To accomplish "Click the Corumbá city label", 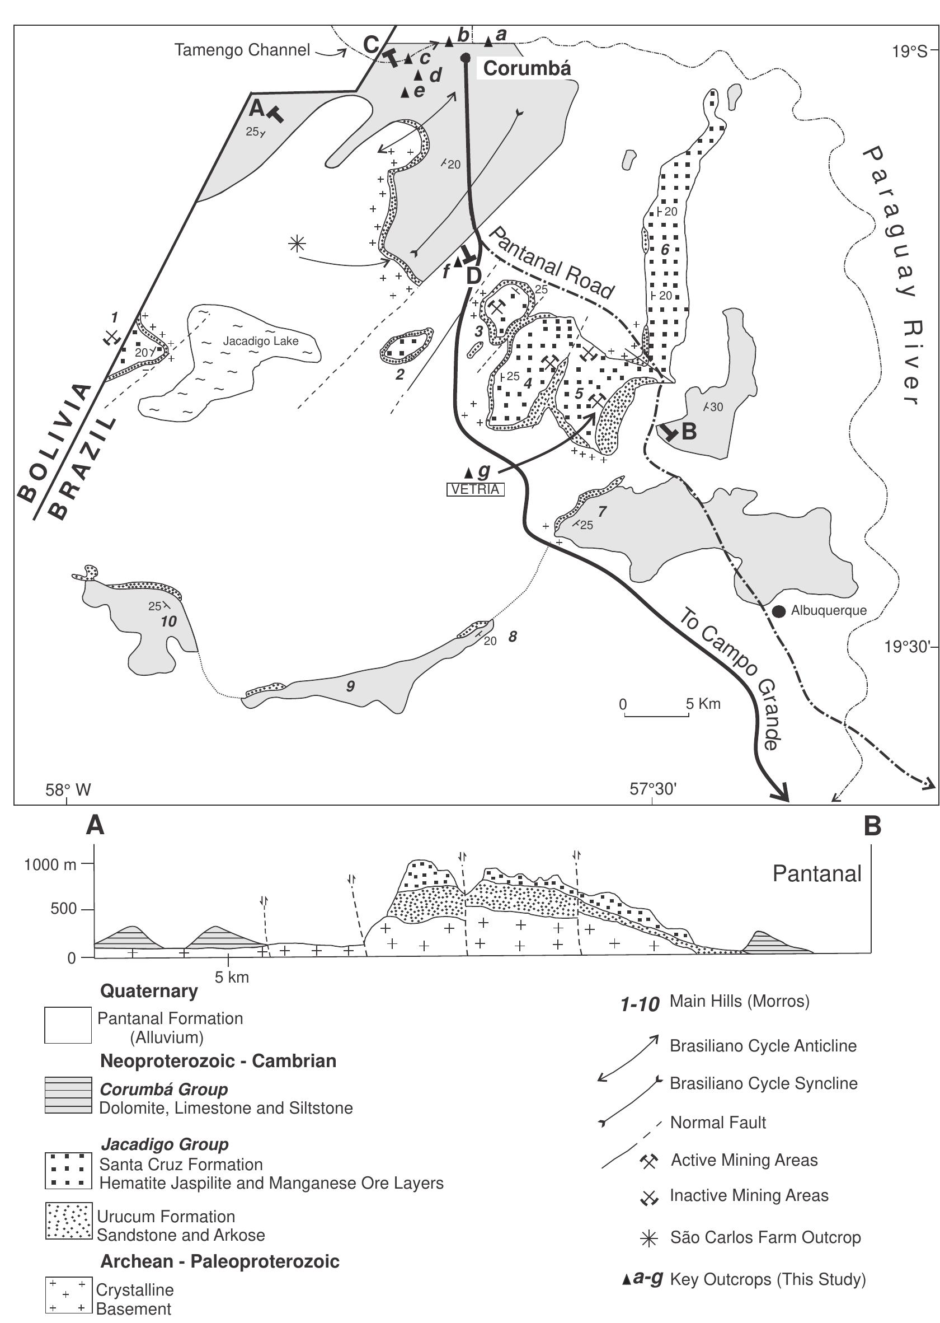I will pos(527,68).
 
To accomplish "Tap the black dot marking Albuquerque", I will pos(779,611).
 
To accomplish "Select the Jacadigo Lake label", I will pos(261,341).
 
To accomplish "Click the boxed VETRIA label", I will pos(475,489).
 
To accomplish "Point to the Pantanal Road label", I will pos(551,261).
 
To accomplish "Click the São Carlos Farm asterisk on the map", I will pos(297,244).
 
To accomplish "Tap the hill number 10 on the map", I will pos(168,621).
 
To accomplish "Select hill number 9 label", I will pos(350,686).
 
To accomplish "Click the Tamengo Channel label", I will pos(242,50).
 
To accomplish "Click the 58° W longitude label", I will pos(68,789).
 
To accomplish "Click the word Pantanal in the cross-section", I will pos(817,874).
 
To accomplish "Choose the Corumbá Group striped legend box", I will pos(68,1095).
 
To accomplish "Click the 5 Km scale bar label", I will pos(703,704).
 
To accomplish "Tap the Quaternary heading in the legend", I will pos(149,990).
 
